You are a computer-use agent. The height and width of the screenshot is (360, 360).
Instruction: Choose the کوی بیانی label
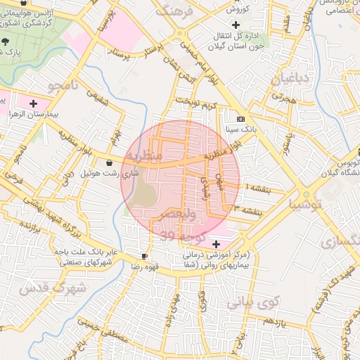click(253, 302)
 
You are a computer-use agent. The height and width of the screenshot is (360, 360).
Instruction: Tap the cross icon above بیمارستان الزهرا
click(33, 103)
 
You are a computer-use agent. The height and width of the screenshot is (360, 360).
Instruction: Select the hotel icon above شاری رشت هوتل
click(107, 163)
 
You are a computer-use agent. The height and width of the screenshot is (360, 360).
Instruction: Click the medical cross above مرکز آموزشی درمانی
click(215, 243)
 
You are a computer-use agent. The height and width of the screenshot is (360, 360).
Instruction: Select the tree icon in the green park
click(6, 41)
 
